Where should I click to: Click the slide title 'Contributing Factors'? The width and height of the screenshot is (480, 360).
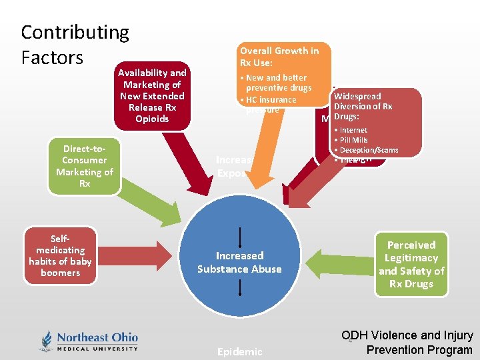pyautogui.click(x=75, y=44)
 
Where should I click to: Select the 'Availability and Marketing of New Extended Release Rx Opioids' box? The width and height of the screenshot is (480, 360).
pyautogui.click(x=152, y=96)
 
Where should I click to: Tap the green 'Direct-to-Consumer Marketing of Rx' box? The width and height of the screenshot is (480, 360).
pyautogui.click(x=85, y=165)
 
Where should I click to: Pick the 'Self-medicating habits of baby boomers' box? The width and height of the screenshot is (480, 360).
pyautogui.click(x=60, y=255)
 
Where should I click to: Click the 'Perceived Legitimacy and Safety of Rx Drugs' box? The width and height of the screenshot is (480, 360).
pyautogui.click(x=411, y=265)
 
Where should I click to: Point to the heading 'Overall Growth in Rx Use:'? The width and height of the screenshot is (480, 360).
pyautogui.click(x=279, y=56)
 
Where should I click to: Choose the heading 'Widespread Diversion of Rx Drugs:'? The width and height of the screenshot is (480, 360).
pyautogui.click(x=363, y=107)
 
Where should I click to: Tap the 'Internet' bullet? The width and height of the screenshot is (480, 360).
pyautogui.click(x=353, y=130)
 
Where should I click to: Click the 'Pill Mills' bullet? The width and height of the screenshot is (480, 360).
pyautogui.click(x=353, y=140)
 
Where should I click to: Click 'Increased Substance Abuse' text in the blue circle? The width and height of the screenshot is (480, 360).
pyautogui.click(x=239, y=262)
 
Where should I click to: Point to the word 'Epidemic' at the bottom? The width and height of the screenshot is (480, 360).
pyautogui.click(x=240, y=351)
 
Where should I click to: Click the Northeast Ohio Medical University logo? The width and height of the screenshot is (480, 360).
pyautogui.click(x=89, y=341)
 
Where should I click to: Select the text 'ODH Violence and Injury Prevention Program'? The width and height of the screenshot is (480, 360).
pyautogui.click(x=407, y=343)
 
